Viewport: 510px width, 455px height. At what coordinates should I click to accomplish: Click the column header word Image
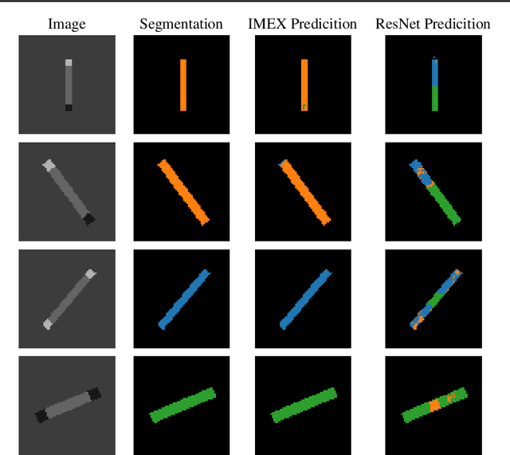tap(67, 24)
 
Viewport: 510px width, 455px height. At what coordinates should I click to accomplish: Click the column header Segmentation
tap(181, 24)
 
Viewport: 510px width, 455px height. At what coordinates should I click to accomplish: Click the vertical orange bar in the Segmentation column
tap(182, 84)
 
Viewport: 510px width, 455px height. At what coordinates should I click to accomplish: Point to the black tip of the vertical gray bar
tap(68, 108)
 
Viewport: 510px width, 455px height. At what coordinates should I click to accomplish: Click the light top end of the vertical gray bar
tap(68, 62)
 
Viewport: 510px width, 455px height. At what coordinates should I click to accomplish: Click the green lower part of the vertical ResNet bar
tap(434, 97)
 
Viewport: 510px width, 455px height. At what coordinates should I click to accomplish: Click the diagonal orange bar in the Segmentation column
tap(183, 192)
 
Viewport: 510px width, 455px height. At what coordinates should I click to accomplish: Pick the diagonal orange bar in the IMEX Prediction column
tap(304, 192)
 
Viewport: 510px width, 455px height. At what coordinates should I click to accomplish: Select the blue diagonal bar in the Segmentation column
tap(183, 300)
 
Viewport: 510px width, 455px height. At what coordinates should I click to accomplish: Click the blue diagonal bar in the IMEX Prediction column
tap(304, 300)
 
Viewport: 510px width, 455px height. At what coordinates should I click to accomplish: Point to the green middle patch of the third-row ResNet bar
tap(433, 302)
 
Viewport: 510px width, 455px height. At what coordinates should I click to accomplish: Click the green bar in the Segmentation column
tap(182, 404)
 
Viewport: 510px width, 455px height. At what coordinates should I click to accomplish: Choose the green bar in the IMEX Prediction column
tap(304, 404)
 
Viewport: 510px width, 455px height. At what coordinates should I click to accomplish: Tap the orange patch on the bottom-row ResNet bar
tap(434, 406)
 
